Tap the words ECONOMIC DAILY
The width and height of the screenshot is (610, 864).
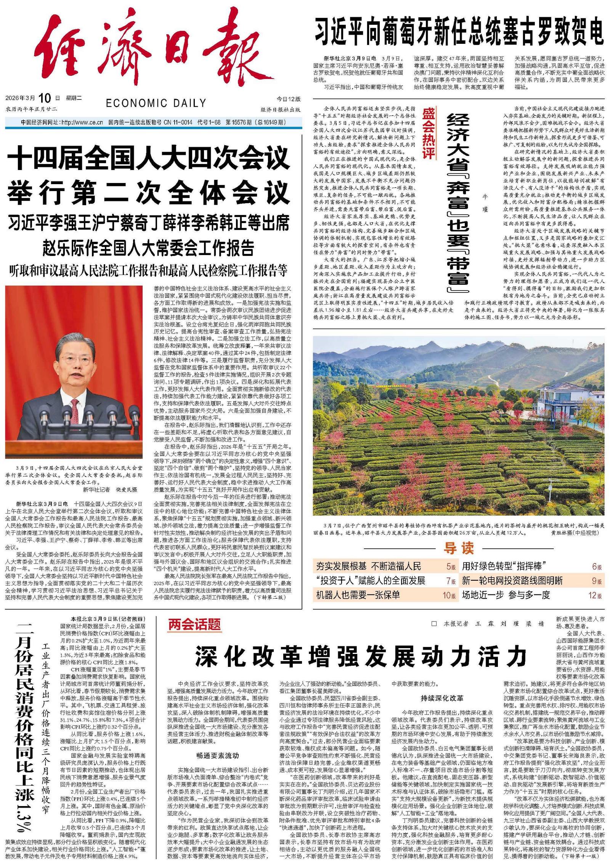[156, 103]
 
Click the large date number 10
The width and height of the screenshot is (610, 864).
[44, 98]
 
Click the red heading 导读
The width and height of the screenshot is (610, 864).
[459, 548]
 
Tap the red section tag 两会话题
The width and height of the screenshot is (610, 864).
[195, 625]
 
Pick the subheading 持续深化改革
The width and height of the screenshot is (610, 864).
[442, 698]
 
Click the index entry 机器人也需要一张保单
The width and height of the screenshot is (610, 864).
[358, 595]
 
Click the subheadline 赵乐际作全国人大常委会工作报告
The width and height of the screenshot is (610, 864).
[149, 248]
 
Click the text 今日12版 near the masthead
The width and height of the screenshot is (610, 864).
[289, 99]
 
